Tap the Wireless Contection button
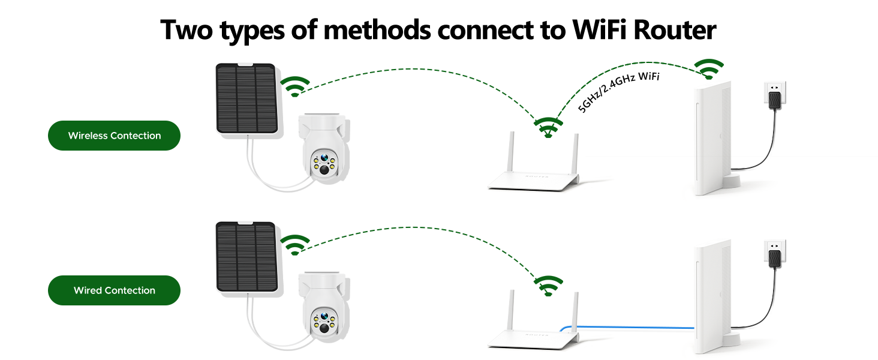click(114, 136)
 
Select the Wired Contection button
click(114, 290)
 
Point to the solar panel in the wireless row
click(246, 99)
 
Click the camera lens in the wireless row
click(324, 170)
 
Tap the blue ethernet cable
click(630, 328)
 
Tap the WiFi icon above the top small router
click(548, 127)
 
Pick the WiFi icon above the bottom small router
click(548, 286)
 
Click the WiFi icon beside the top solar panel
click(295, 86)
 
